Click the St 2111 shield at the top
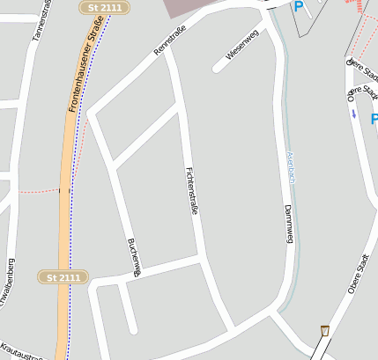pyautogui.click(x=105, y=7)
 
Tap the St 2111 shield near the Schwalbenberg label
pyautogui.click(x=63, y=277)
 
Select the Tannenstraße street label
pyautogui.click(x=37, y=20)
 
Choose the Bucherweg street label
pyautogui.click(x=134, y=257)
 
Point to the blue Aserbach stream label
pyautogui.click(x=290, y=167)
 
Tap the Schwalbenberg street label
pyautogui.click(x=10, y=286)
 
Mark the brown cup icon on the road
pyautogui.click(x=325, y=330)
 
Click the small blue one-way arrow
pyautogui.click(x=354, y=113)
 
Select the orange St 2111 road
pyautogui.click(x=65, y=220)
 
